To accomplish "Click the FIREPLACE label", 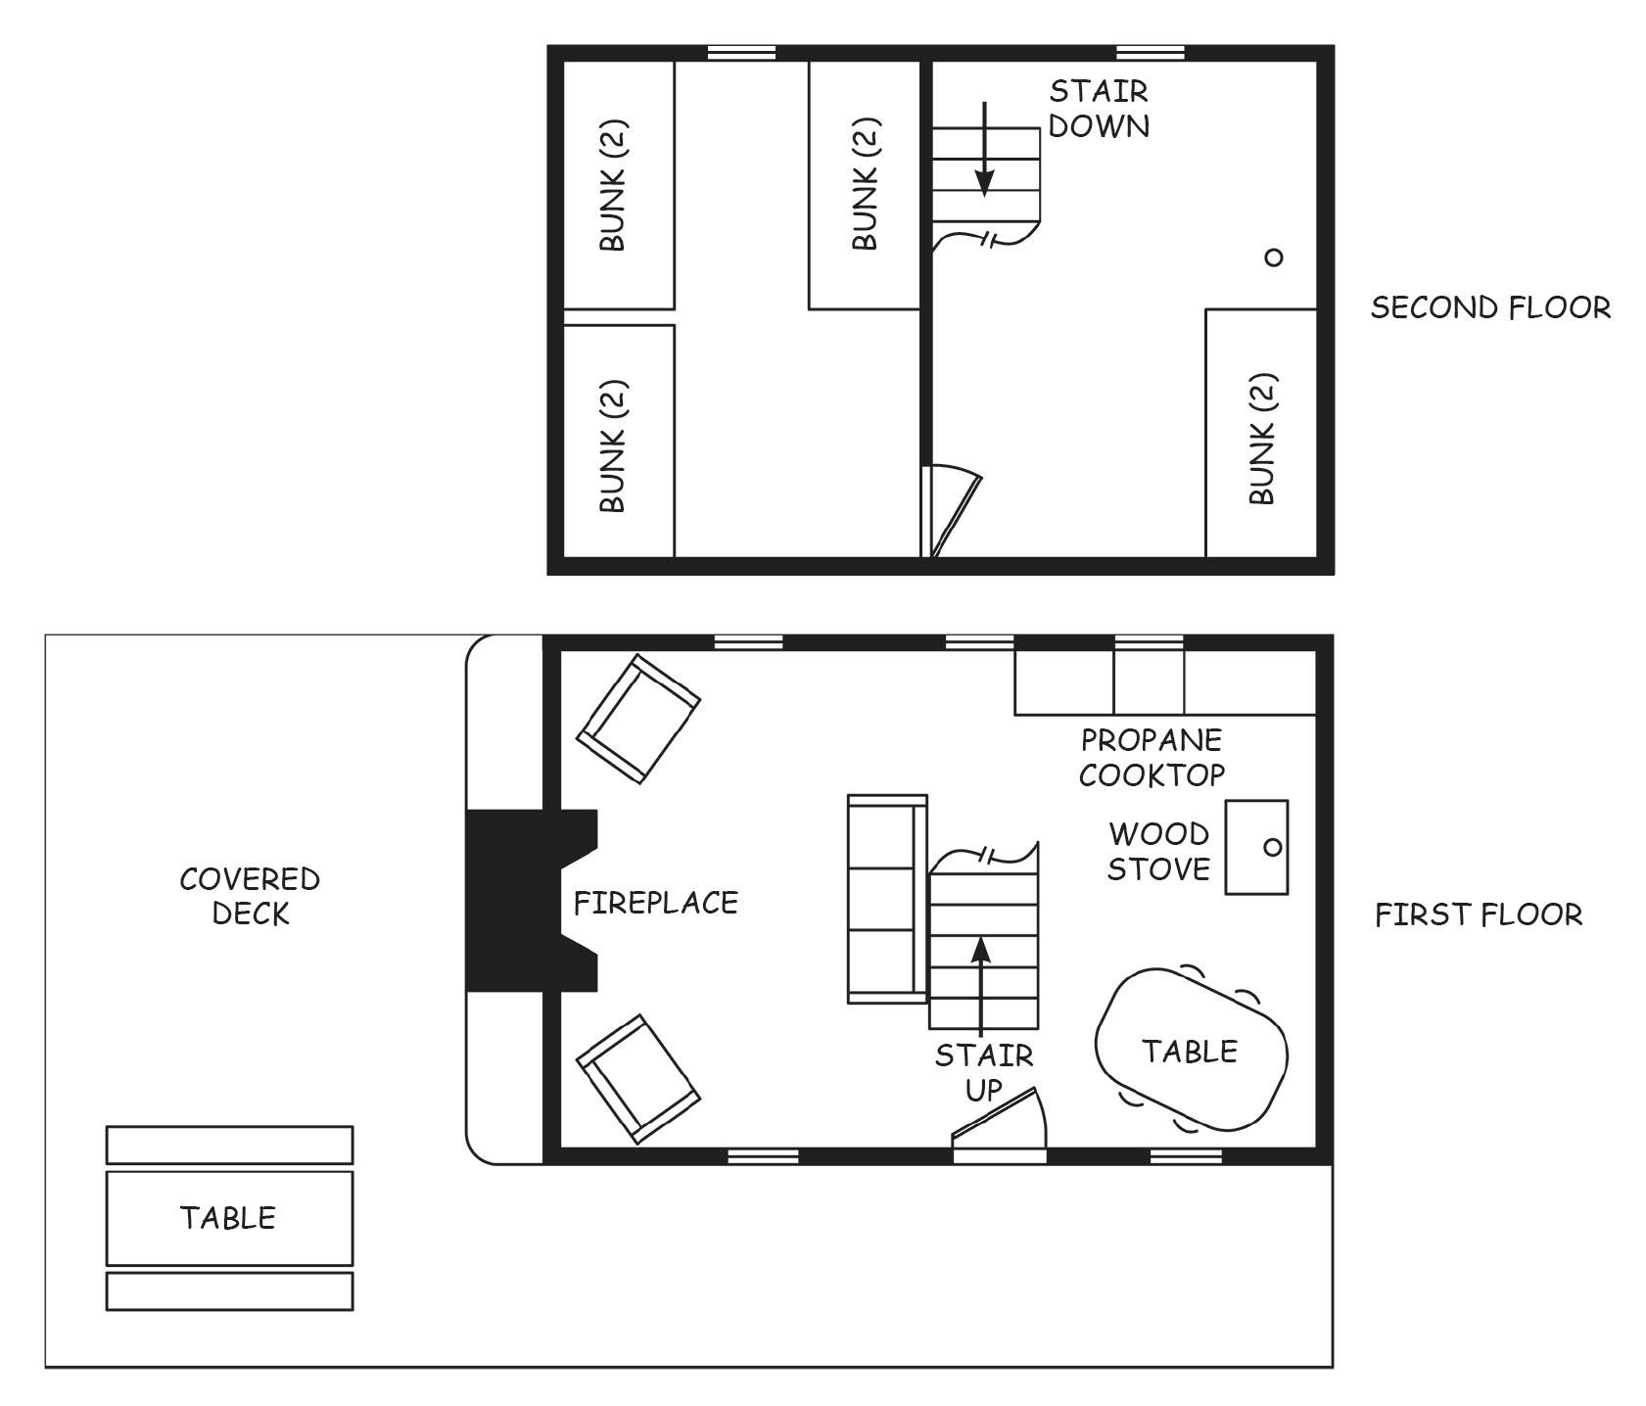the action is point(655,902).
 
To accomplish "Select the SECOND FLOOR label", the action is point(1490,307).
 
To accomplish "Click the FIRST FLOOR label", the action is point(1479,914).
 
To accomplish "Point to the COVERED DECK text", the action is point(250,896).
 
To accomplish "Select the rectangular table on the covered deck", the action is point(229,1218).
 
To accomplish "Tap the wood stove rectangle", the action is point(1256,847).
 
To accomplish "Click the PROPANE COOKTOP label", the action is point(1152,757).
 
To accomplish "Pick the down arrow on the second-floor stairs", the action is point(984,148).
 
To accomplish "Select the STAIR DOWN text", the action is point(1099,109).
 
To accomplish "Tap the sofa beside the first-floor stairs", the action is point(887,899).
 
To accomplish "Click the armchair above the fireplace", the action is point(638,719).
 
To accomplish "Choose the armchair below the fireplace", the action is point(638,1078).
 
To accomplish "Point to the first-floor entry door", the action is point(1000,1122).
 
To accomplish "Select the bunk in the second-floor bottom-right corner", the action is point(1261,434).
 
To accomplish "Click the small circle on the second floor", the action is point(1273,258).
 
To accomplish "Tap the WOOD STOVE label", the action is point(1158,851).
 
